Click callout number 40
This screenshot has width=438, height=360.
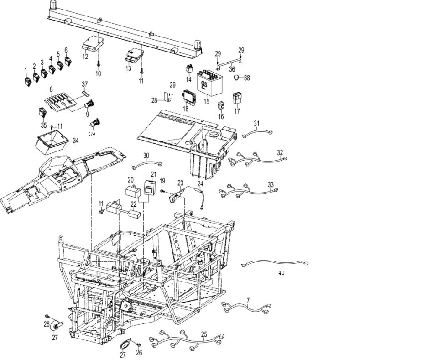point(281,272)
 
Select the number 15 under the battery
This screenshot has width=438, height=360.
point(207,102)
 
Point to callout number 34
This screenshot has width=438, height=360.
point(75,140)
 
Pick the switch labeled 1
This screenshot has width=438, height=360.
point(27,82)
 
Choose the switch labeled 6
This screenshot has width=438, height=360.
point(68,61)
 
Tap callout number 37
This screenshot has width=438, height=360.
point(84,85)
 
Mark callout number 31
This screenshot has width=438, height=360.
point(256,124)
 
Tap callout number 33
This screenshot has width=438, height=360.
point(271,184)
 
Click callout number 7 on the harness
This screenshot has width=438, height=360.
point(248,300)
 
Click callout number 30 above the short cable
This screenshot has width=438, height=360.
point(146,156)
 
